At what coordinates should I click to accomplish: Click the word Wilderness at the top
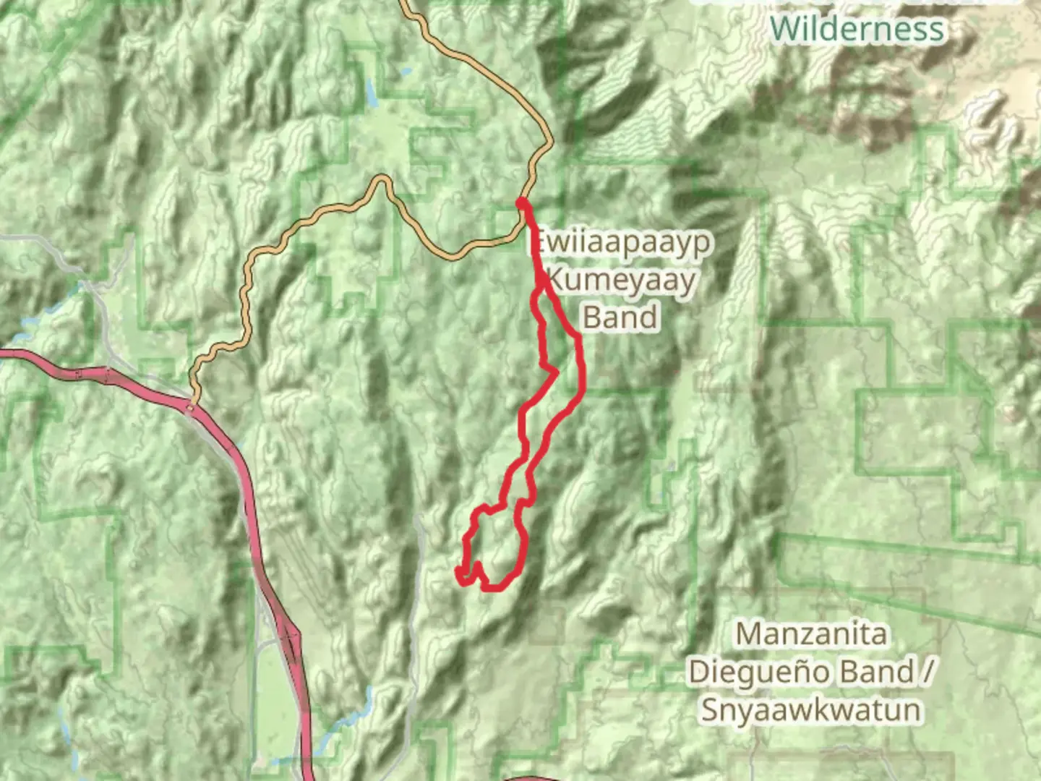tap(857, 29)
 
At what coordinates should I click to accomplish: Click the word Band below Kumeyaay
tap(620, 317)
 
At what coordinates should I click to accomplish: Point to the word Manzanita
tap(811, 634)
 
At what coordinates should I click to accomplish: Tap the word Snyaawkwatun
tap(811, 709)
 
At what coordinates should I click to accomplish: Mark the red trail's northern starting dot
tap(520, 203)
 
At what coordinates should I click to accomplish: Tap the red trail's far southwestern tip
tap(458, 573)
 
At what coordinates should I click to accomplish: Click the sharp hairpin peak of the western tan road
tap(381, 179)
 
